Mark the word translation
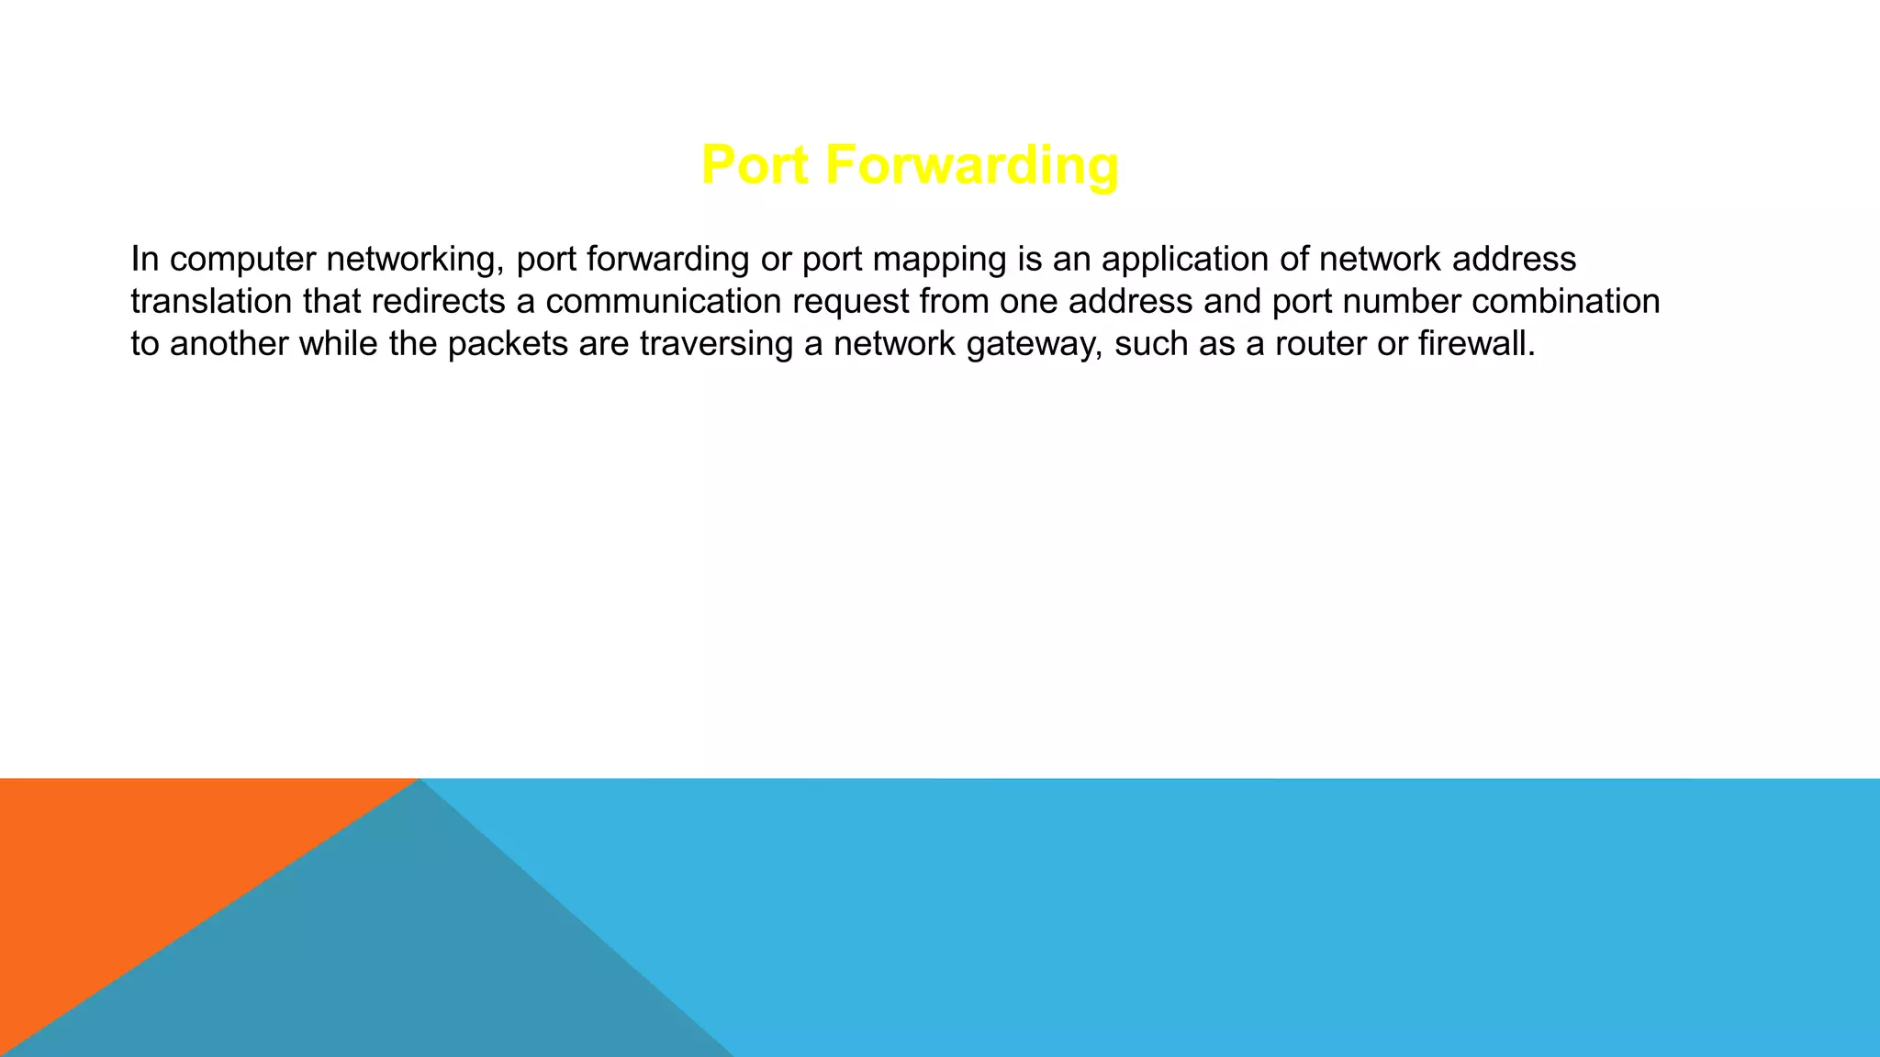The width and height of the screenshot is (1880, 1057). point(211,302)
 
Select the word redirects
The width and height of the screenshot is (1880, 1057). point(438,302)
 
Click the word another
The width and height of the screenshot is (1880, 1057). point(229,344)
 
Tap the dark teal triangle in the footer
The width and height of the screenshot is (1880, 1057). point(413,963)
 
